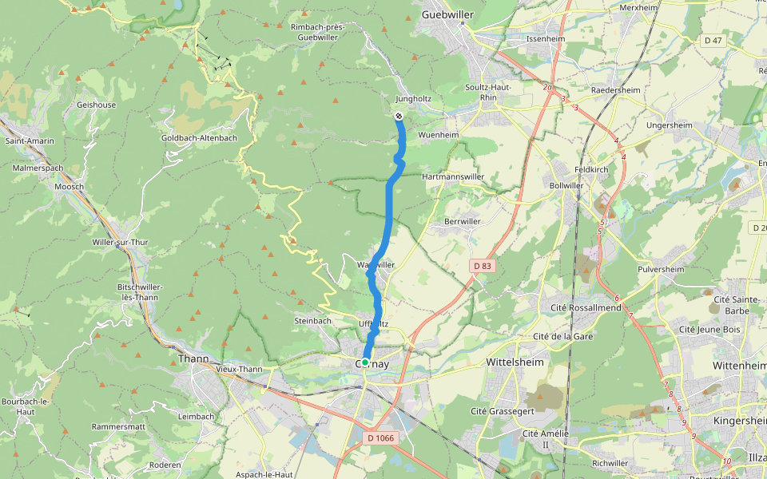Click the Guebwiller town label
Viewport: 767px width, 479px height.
tap(447, 14)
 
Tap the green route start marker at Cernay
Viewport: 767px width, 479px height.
tap(365, 362)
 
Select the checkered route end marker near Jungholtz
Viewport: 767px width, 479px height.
tap(398, 117)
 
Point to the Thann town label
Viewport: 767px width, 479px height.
tap(194, 359)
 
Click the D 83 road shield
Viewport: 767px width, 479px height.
tap(481, 265)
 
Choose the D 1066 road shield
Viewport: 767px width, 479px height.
tap(382, 437)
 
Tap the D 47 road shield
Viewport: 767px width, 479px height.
tap(713, 40)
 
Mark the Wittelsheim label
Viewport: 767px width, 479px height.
tap(515, 362)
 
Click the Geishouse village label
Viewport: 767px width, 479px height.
tap(96, 105)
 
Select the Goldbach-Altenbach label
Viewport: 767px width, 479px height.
tap(199, 138)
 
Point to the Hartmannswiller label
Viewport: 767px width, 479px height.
tap(453, 176)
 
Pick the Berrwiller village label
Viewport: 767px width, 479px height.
tap(463, 220)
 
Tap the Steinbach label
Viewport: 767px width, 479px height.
tap(312, 321)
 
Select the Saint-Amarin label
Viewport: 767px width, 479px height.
tap(30, 141)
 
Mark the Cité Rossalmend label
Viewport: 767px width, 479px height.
tap(586, 307)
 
